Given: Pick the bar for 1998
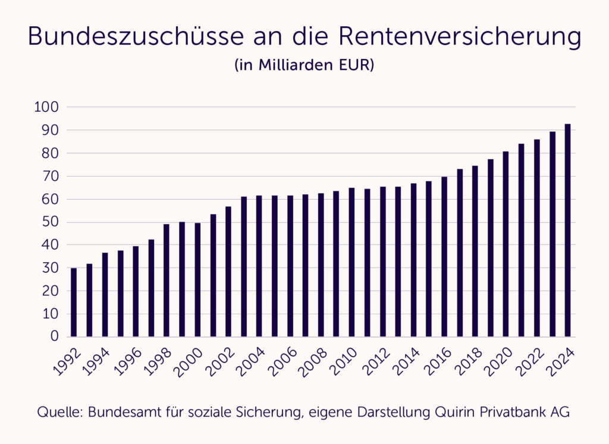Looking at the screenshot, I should pos(167,280).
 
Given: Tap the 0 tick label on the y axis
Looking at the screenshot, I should pos(54,337).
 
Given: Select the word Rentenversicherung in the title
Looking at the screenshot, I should pos(459,37).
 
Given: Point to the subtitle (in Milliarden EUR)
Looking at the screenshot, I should pos(304,65).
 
